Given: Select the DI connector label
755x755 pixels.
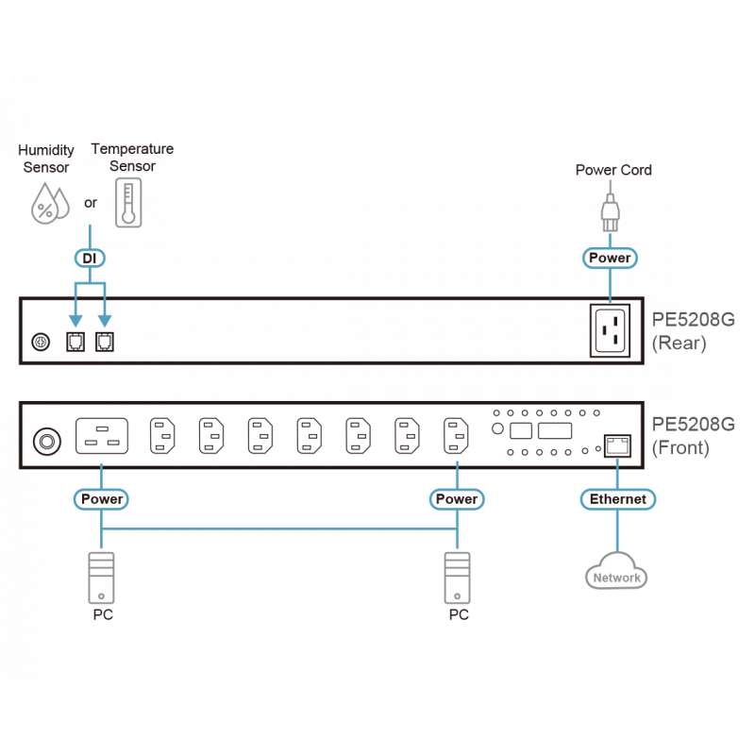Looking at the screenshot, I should [91, 258].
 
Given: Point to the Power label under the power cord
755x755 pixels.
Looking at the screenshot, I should [611, 258].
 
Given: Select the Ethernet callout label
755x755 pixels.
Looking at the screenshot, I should [617, 498].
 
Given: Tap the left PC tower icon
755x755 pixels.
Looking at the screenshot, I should [102, 579].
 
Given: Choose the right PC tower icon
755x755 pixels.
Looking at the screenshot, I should [458, 579].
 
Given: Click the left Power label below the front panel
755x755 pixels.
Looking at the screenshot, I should [102, 498].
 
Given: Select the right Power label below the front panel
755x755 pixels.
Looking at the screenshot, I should [458, 498].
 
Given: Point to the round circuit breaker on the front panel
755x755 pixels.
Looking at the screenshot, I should [44, 440].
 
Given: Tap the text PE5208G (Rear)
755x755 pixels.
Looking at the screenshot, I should [693, 330].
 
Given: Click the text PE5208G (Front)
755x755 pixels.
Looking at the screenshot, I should [693, 435].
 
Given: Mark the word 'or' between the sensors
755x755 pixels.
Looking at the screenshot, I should [91, 203].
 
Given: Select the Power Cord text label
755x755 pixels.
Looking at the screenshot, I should [613, 171].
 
